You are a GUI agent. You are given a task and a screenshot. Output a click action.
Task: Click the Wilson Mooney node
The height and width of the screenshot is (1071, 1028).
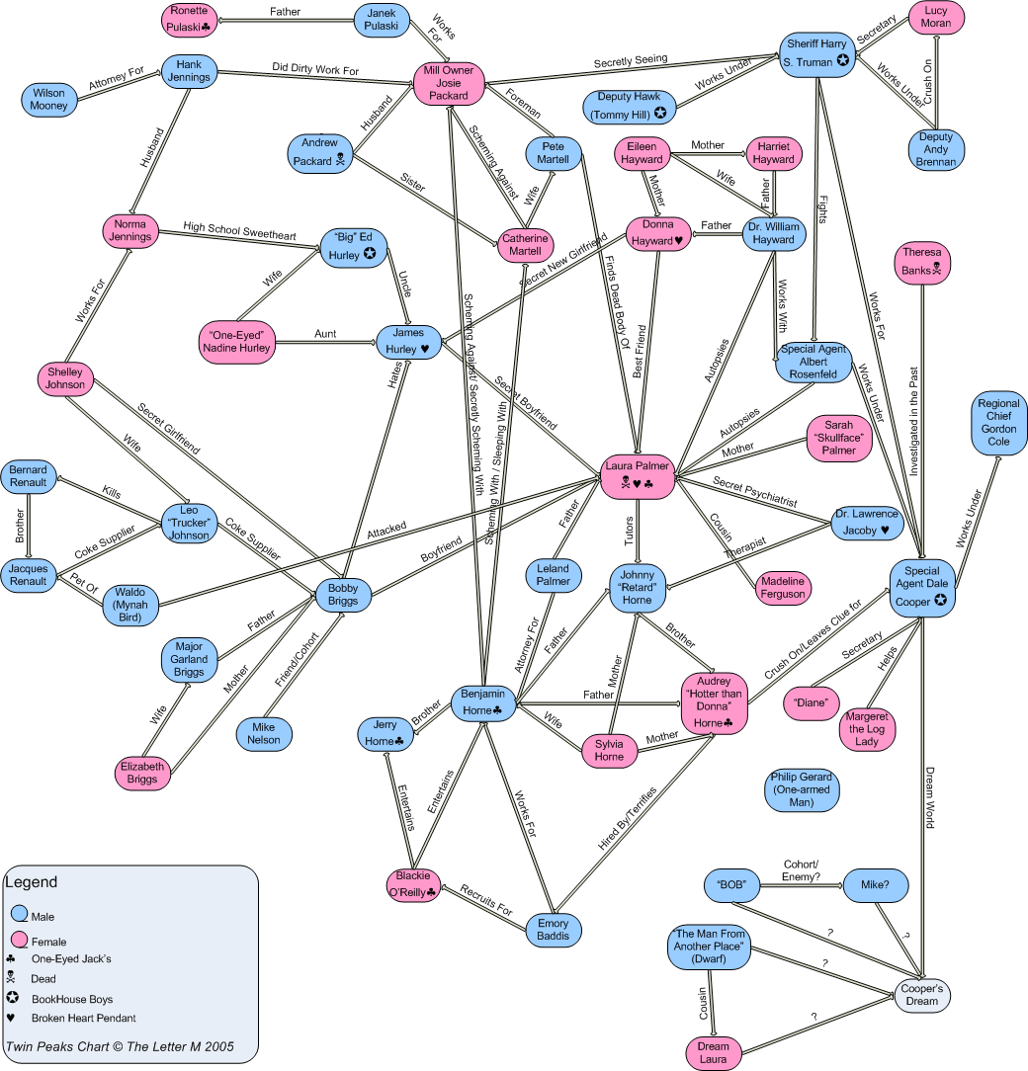(48, 100)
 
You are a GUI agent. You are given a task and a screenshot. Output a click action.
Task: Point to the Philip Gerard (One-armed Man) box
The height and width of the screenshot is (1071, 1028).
(802, 789)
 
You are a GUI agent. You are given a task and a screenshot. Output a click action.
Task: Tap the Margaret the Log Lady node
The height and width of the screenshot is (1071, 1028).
(867, 728)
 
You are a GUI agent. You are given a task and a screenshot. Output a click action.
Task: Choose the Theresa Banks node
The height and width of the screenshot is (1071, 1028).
(922, 260)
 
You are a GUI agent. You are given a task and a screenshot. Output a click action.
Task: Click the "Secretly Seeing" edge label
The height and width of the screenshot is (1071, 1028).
(630, 59)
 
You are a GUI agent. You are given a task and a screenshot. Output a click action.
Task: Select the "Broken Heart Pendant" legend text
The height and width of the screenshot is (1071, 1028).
(83, 1018)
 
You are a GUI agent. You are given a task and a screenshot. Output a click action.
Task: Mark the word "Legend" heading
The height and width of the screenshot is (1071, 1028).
(32, 882)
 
